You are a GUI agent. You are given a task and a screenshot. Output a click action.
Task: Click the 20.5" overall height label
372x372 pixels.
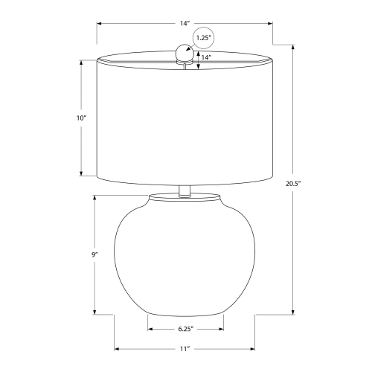pos(293,184)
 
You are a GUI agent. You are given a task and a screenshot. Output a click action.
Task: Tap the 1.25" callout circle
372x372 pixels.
pos(203,37)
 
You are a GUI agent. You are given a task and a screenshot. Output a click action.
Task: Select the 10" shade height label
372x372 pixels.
pos(81,118)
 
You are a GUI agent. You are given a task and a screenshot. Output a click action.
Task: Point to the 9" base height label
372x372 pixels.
pos(94,254)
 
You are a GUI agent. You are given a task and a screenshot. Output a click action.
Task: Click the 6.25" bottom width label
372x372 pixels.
pos(185,329)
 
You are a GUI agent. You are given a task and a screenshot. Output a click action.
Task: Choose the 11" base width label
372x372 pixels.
pos(185,349)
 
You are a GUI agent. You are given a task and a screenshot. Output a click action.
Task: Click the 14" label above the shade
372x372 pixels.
pos(185,24)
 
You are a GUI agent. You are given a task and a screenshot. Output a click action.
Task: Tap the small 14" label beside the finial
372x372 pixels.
pos(206,57)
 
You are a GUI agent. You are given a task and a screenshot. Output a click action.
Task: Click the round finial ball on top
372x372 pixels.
pos(185,52)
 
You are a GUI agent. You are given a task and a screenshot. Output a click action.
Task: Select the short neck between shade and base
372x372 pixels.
pos(185,191)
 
